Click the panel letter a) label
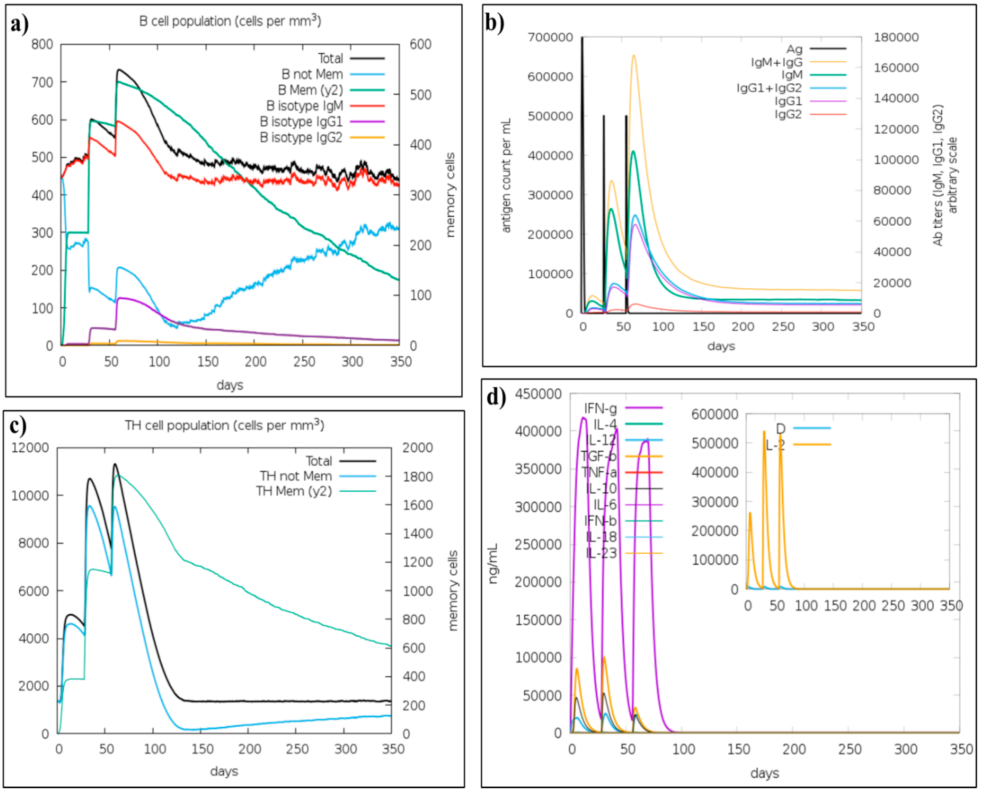tap(19, 24)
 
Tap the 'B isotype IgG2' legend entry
tap(301, 137)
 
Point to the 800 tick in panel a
tap(42, 44)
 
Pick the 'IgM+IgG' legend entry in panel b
tap(777, 62)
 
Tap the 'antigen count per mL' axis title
tap(506, 175)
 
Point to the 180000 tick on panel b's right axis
tap(896, 37)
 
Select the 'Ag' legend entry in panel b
tap(794, 48)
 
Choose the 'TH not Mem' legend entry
tap(295, 476)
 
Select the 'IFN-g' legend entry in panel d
tap(600, 408)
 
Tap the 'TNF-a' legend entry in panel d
tap(599, 472)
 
